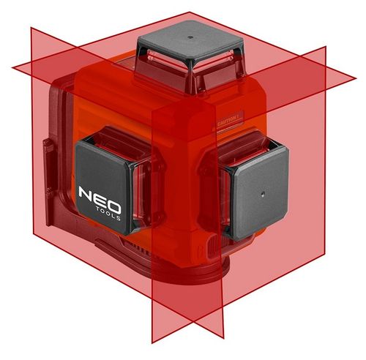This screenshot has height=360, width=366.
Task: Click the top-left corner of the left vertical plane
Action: pos(31,28)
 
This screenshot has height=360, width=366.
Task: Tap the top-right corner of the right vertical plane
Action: pos(325,47)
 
